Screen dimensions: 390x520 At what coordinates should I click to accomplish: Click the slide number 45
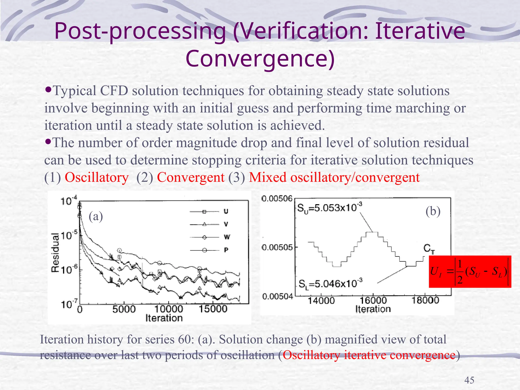coord(469,380)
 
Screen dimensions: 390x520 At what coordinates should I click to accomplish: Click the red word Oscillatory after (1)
coord(96,177)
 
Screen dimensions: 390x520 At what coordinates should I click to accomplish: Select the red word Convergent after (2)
coord(191,177)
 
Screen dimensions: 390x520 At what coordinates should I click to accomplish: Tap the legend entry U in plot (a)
coord(226,211)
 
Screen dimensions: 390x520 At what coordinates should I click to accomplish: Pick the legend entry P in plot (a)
coord(226,250)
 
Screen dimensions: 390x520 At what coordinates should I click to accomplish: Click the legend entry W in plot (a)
coord(227,237)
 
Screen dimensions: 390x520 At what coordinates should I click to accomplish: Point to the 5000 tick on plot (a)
coord(124,309)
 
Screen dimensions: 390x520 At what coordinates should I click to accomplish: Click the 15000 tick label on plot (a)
coord(213,309)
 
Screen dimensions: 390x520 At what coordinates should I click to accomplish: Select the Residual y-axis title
coord(55,252)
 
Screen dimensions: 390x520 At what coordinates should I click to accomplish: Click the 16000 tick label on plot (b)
coord(373,301)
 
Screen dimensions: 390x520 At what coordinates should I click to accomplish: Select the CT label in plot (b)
coord(429,248)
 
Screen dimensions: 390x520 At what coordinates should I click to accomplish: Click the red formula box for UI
coord(470,272)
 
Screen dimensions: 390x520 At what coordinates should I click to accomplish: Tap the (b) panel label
coord(433,211)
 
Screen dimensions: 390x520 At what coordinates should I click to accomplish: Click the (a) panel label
coord(96,216)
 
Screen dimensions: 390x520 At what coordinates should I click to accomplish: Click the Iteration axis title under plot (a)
coord(164,318)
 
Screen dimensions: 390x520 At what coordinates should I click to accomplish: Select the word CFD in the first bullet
coord(114,91)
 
